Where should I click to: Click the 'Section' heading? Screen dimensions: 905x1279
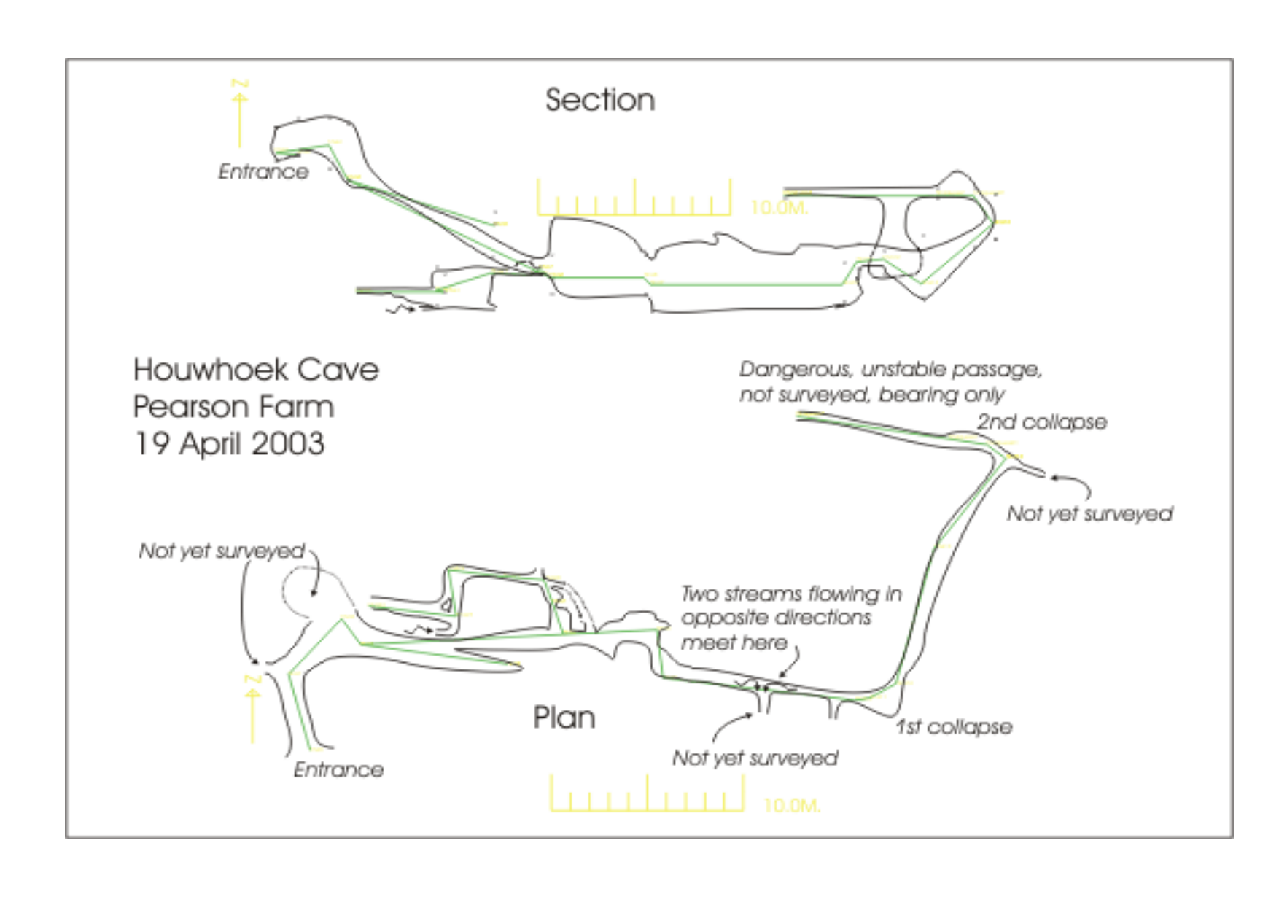(x=599, y=100)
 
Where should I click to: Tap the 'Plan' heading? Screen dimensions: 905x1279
(x=564, y=718)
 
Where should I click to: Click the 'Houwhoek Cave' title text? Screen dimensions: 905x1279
(x=256, y=370)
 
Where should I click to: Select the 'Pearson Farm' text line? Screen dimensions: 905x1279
(x=233, y=406)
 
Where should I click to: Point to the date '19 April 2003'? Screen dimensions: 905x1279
(x=229, y=443)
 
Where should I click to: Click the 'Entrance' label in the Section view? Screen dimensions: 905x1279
(x=263, y=171)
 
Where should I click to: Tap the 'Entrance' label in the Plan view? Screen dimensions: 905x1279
(x=338, y=769)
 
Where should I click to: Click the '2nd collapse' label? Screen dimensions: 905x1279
(x=1041, y=422)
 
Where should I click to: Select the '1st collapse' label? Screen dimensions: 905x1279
(x=954, y=726)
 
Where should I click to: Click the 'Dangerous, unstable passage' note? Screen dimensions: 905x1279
(x=890, y=370)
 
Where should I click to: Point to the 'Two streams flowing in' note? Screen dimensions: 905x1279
(x=791, y=594)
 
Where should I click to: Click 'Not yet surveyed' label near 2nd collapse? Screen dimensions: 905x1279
(x=1089, y=513)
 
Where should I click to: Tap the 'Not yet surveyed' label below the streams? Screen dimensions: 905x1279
(x=755, y=758)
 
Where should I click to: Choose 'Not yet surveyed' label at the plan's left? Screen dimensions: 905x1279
(x=222, y=551)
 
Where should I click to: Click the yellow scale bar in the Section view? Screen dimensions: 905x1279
(x=634, y=198)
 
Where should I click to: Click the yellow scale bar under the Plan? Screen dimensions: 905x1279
(x=647, y=795)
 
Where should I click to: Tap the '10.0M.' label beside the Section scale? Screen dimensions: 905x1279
(x=779, y=208)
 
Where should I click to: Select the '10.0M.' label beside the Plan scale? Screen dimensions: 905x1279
(x=791, y=805)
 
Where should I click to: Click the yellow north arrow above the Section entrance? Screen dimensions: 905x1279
(x=239, y=113)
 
